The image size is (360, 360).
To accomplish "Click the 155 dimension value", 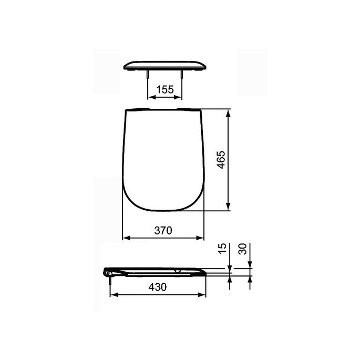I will coord(165,90).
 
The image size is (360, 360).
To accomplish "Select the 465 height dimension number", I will coord(221,159).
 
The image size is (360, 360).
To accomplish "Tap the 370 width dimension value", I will coord(163,230).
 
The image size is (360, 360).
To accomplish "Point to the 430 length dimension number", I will coord(158,287).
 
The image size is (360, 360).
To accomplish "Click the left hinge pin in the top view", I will coord(148,75).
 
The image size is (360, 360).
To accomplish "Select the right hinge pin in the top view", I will coord(182,75).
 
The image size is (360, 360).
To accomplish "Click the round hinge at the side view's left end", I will coord(107,272).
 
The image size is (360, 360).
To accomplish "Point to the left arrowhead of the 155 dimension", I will coord(150,97).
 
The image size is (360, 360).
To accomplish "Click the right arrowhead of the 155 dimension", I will coord(180,97).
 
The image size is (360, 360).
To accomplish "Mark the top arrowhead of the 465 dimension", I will coord(229,112).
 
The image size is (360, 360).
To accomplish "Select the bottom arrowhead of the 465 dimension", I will coord(229,208).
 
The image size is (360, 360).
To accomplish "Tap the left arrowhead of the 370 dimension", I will coord(125,238).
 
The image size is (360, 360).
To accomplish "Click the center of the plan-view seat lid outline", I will coord(163,159).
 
